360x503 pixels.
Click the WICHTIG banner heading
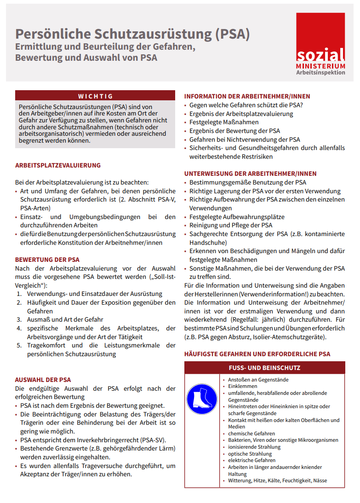[95, 96]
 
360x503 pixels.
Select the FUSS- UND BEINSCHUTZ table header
[264, 368]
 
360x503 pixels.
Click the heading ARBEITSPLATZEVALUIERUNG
[58, 166]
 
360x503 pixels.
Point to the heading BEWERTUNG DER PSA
[47, 260]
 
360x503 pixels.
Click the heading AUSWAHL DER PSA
[43, 380]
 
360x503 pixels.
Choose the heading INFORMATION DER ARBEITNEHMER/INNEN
[247, 97]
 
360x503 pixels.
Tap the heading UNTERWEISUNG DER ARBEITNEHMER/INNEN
[251, 174]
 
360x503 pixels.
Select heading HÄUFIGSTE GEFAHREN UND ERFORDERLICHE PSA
[257, 354]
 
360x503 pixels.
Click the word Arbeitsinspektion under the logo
[320, 73]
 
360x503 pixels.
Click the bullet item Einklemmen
[243, 387]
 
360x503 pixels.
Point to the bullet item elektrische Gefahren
[252, 460]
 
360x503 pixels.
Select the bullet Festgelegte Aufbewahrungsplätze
[237, 217]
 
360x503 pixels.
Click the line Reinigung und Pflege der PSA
[231, 225]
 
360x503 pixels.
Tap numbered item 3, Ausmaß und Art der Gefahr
[65, 319]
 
